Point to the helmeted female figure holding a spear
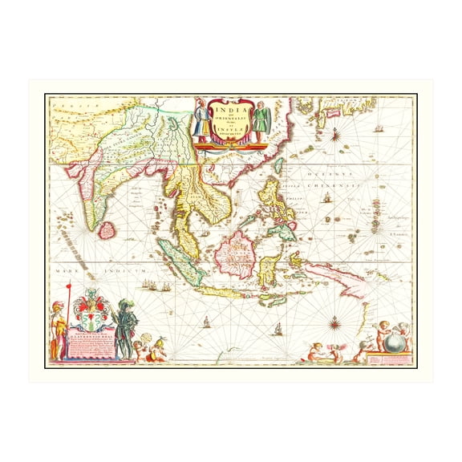[x=57, y=330]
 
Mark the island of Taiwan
[x=278, y=166]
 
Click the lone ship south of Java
[x=205, y=321]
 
